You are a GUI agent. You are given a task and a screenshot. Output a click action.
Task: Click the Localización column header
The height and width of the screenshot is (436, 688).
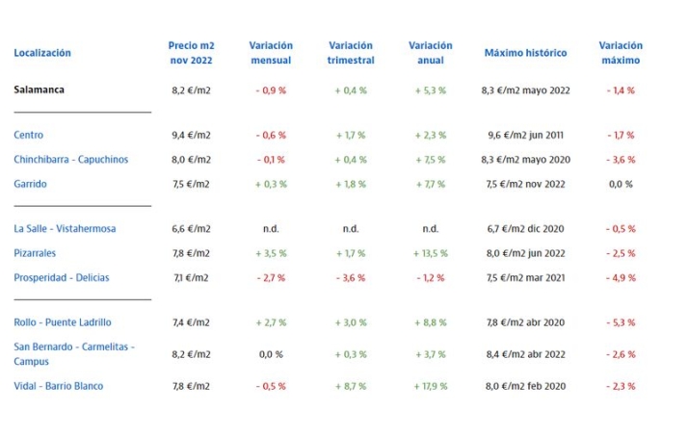42,53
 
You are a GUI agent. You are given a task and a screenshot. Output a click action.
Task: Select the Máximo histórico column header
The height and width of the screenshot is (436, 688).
525,53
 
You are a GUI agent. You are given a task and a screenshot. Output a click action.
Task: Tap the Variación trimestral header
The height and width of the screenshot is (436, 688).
351,53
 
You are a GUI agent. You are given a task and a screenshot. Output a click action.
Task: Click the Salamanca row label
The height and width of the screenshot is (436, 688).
40,90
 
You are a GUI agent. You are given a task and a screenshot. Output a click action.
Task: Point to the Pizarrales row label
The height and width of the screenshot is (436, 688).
35,253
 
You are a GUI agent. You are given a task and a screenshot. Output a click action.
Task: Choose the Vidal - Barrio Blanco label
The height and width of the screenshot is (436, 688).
58,386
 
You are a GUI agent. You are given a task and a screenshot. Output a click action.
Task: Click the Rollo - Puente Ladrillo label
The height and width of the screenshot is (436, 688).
63,322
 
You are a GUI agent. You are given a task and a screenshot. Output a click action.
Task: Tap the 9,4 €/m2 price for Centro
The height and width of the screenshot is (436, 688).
190,136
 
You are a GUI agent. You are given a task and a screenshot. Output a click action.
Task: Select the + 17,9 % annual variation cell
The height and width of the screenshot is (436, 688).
430,386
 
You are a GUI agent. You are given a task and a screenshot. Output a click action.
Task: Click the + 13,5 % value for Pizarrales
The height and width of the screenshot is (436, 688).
430,253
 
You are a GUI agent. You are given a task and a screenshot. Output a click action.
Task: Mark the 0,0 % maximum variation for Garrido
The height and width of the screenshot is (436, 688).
621,184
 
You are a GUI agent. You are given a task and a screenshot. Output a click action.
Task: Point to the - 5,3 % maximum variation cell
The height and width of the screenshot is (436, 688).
621,322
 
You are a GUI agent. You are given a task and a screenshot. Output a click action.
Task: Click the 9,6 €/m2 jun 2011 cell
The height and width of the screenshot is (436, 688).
526,136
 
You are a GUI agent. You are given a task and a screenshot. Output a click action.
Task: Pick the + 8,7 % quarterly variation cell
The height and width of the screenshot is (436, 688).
351,386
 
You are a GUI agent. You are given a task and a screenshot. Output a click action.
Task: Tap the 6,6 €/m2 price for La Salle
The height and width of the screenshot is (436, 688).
190,229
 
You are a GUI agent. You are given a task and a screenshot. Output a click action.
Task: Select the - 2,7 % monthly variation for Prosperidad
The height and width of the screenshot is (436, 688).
271,278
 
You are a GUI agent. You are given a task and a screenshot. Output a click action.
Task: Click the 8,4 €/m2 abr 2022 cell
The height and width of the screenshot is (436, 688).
526,354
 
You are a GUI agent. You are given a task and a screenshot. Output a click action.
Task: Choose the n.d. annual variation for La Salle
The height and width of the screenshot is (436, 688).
430,229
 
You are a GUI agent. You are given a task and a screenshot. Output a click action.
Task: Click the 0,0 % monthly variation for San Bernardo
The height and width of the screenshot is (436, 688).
271,354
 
